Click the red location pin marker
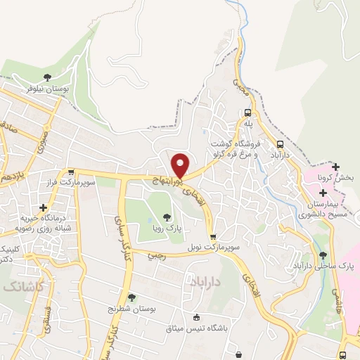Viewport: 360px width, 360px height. point(181,165)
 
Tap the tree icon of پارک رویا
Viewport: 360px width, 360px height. point(167,217)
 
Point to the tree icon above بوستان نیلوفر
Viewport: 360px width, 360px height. point(47,77)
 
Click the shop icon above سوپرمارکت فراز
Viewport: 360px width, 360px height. point(70,172)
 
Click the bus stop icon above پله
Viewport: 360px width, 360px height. point(247,112)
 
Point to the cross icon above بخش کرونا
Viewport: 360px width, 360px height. point(337,165)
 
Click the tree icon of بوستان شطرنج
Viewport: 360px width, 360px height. point(131,297)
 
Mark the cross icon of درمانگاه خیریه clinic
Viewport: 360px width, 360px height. point(44,208)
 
